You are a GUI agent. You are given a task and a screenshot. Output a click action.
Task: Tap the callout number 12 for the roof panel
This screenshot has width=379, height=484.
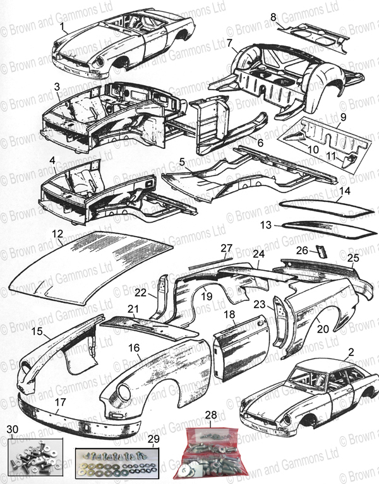click(x=57, y=235)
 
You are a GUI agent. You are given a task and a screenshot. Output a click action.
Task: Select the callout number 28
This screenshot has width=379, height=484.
click(x=210, y=415)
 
